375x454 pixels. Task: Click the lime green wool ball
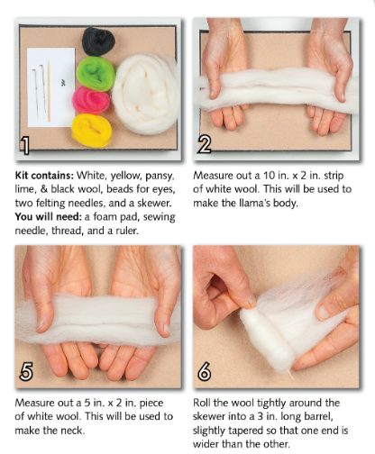(95, 70)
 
